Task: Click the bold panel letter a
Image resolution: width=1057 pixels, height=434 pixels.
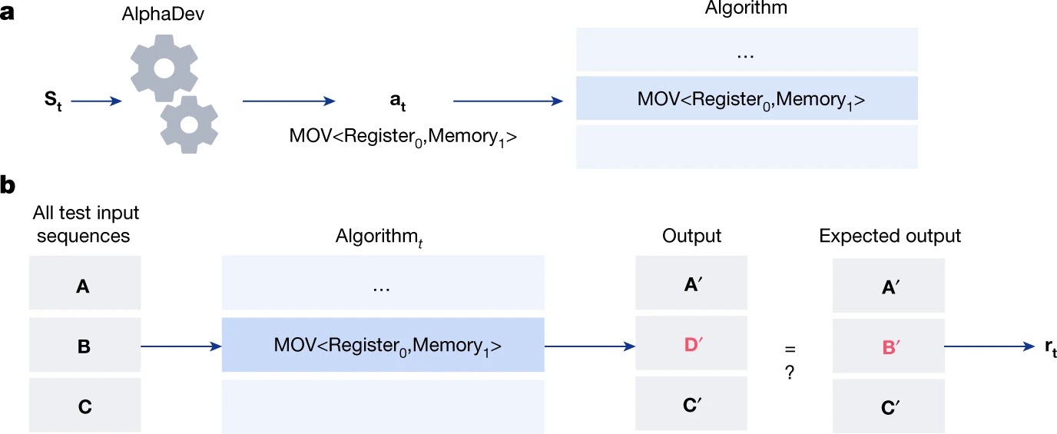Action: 7,13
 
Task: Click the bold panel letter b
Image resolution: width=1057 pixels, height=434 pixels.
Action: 8,184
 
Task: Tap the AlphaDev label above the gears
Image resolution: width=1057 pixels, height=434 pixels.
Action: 163,14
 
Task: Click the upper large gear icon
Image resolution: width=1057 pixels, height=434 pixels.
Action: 164,68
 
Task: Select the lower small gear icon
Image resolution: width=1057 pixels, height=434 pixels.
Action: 189,124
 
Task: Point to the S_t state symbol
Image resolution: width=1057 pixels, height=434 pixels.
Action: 53,100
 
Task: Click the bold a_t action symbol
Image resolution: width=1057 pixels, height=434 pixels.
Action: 398,101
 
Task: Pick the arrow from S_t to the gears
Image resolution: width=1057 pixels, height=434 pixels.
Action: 96,101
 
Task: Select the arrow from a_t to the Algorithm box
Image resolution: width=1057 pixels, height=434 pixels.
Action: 508,101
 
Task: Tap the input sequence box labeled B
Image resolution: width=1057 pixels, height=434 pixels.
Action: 85,345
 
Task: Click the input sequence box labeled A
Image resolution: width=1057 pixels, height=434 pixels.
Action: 85,283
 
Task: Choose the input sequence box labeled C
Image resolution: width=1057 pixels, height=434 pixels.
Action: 85,405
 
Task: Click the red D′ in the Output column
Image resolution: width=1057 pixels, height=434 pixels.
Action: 693,344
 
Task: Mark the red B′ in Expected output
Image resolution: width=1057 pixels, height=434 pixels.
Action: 891,347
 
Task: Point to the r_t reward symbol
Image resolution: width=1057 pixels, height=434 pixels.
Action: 1050,348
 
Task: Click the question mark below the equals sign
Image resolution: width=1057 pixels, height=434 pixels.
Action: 790,373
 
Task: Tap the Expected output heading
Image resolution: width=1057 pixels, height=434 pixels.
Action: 890,235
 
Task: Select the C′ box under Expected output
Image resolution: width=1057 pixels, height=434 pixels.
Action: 889,406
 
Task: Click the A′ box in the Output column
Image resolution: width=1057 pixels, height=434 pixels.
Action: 691,283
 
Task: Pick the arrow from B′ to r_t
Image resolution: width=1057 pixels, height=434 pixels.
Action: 989,346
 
